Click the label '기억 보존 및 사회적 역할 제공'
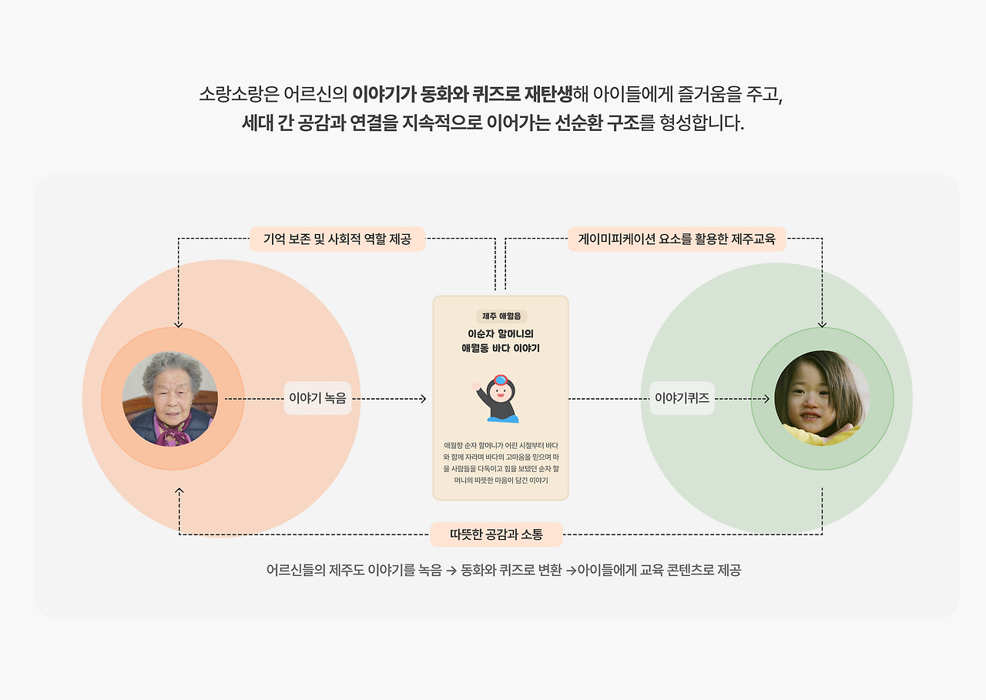click(x=337, y=239)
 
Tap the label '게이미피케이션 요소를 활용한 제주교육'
click(x=676, y=239)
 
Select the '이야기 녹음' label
click(x=317, y=399)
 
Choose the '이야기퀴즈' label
click(x=682, y=399)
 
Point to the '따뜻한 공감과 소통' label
click(x=496, y=534)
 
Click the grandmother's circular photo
click(x=170, y=399)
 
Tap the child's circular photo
click(x=822, y=399)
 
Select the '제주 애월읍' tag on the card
click(x=501, y=316)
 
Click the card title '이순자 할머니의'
click(x=501, y=333)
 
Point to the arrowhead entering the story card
click(x=422, y=399)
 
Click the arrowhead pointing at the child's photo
click(x=766, y=399)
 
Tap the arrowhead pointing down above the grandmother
click(x=179, y=324)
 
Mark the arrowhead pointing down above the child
click(x=822, y=324)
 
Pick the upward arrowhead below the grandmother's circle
click(x=179, y=491)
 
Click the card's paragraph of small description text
click(x=501, y=463)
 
